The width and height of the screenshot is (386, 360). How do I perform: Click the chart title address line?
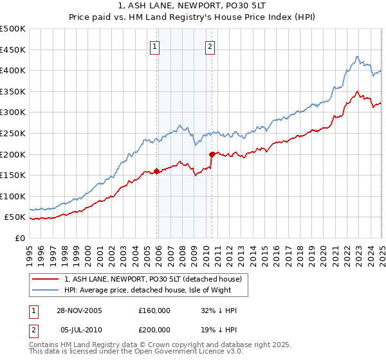192,6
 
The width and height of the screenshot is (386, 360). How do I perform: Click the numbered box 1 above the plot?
156,46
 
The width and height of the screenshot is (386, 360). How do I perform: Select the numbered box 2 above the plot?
210,46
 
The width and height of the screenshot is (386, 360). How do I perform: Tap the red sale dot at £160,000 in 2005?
156,171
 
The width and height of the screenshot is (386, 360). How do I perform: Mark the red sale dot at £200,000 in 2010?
211,154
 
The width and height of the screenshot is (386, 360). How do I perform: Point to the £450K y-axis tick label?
13,50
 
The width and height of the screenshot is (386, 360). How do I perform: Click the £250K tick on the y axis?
13,133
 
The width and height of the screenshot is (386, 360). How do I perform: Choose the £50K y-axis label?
15,217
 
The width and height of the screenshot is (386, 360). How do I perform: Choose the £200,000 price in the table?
154,329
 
